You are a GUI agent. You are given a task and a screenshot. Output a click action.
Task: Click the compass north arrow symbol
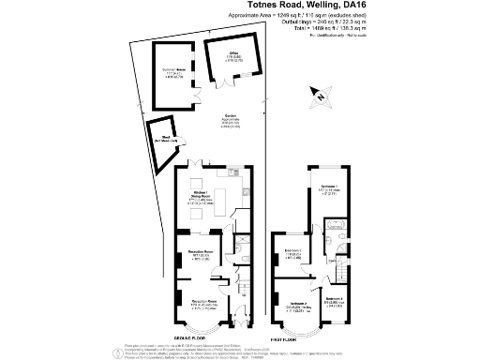click(321, 94)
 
